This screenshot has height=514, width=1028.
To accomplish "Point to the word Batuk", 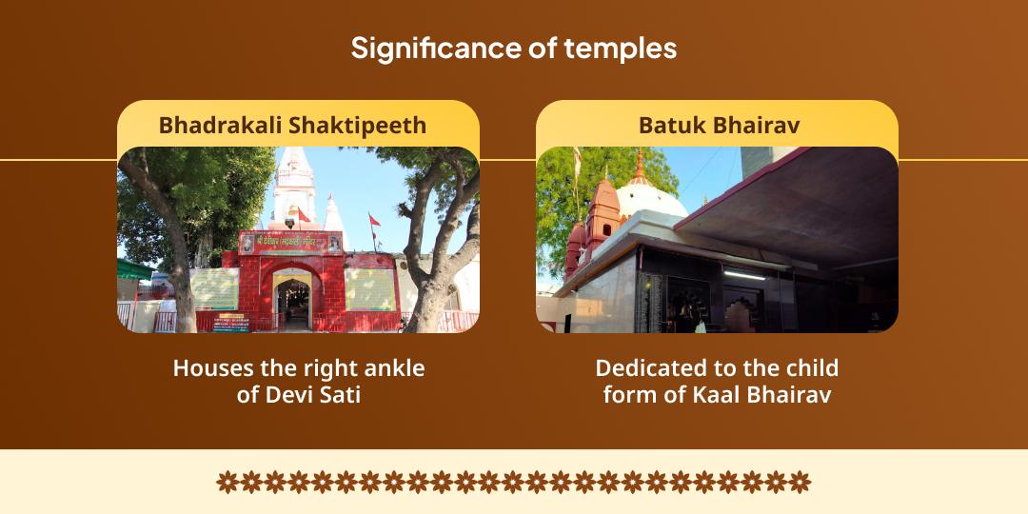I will pyautogui.click(x=671, y=125).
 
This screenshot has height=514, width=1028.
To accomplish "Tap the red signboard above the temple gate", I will pyautogui.click(x=289, y=244).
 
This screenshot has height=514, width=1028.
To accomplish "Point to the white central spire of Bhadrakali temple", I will pyautogui.click(x=294, y=186).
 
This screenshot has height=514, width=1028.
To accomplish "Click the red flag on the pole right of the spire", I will pyautogui.click(x=375, y=220).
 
